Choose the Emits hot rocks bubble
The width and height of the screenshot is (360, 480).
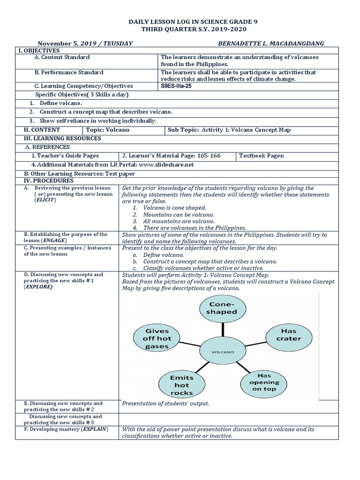click(x=181, y=384)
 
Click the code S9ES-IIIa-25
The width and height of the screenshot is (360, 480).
click(x=177, y=86)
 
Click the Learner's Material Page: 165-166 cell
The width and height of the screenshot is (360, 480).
click(x=171, y=156)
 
